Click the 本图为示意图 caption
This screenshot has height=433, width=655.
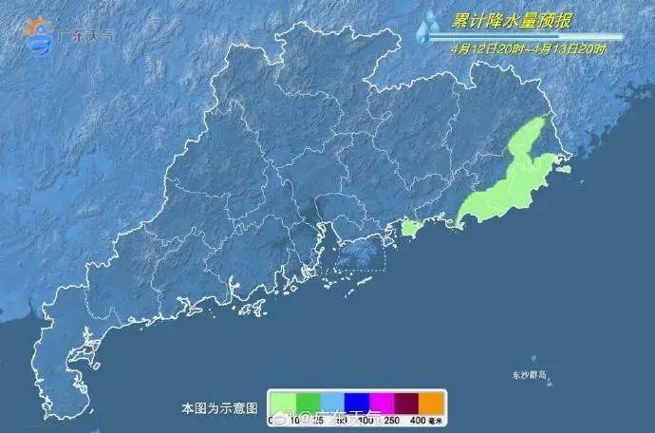(x=219, y=408)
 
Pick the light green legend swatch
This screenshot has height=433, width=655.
(x=283, y=402)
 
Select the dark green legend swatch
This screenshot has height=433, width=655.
(x=308, y=402)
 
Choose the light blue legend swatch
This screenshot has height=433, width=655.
(x=332, y=402)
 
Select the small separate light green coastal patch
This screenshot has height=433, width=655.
(x=410, y=228)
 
